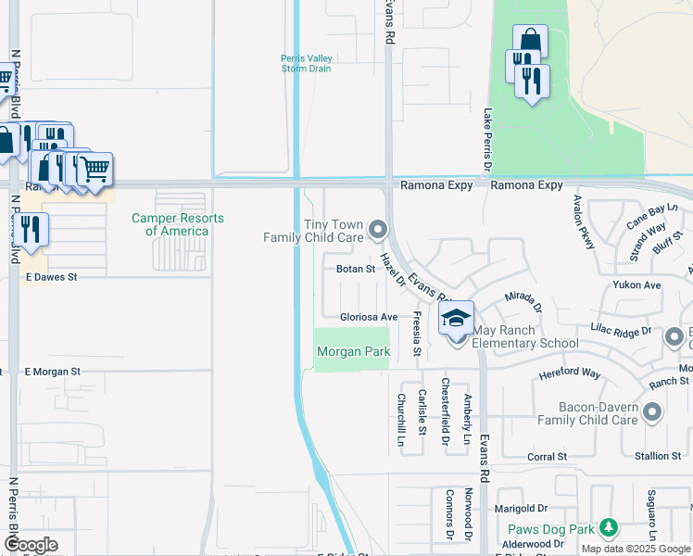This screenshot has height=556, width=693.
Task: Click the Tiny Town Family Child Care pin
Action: pyautogui.click(x=376, y=228)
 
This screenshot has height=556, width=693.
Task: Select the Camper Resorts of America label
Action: pyautogui.click(x=177, y=224)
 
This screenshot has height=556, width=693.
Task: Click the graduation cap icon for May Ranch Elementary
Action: pyautogui.click(x=456, y=319)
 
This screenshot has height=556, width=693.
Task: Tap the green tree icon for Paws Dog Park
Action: pyautogui.click(x=608, y=528)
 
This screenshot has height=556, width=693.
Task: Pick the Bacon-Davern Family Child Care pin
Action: pyautogui.click(x=652, y=411)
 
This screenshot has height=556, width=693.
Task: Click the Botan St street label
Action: pyautogui.click(x=355, y=270)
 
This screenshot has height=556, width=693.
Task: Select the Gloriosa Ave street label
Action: pyautogui.click(x=368, y=317)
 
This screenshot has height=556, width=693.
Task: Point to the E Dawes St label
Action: pyautogui.click(x=52, y=276)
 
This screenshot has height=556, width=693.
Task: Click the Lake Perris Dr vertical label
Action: pyautogui.click(x=487, y=139)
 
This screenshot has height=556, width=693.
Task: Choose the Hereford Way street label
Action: pyautogui.click(x=570, y=374)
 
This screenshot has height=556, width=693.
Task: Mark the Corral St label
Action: pyautogui.click(x=547, y=457)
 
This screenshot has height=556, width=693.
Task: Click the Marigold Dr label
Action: pyautogui.click(x=523, y=509)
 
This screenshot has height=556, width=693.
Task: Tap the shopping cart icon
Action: pyautogui.click(x=94, y=170)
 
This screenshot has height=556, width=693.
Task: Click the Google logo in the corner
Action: pyautogui.click(x=31, y=545)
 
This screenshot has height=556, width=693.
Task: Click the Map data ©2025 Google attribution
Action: pyautogui.click(x=636, y=549)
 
